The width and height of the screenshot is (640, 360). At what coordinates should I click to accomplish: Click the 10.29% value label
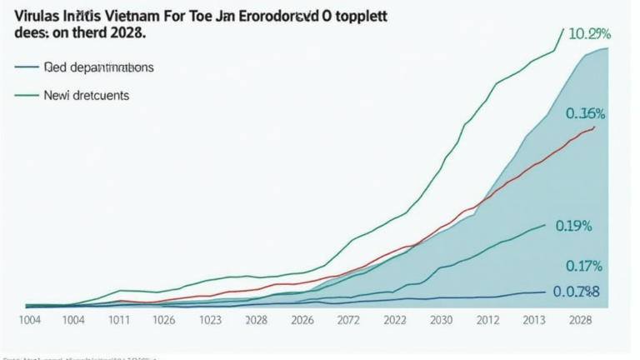click(x=589, y=34)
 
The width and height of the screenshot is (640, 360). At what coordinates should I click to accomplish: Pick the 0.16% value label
click(x=585, y=113)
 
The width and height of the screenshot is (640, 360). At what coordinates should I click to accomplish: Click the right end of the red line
click(x=594, y=127)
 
